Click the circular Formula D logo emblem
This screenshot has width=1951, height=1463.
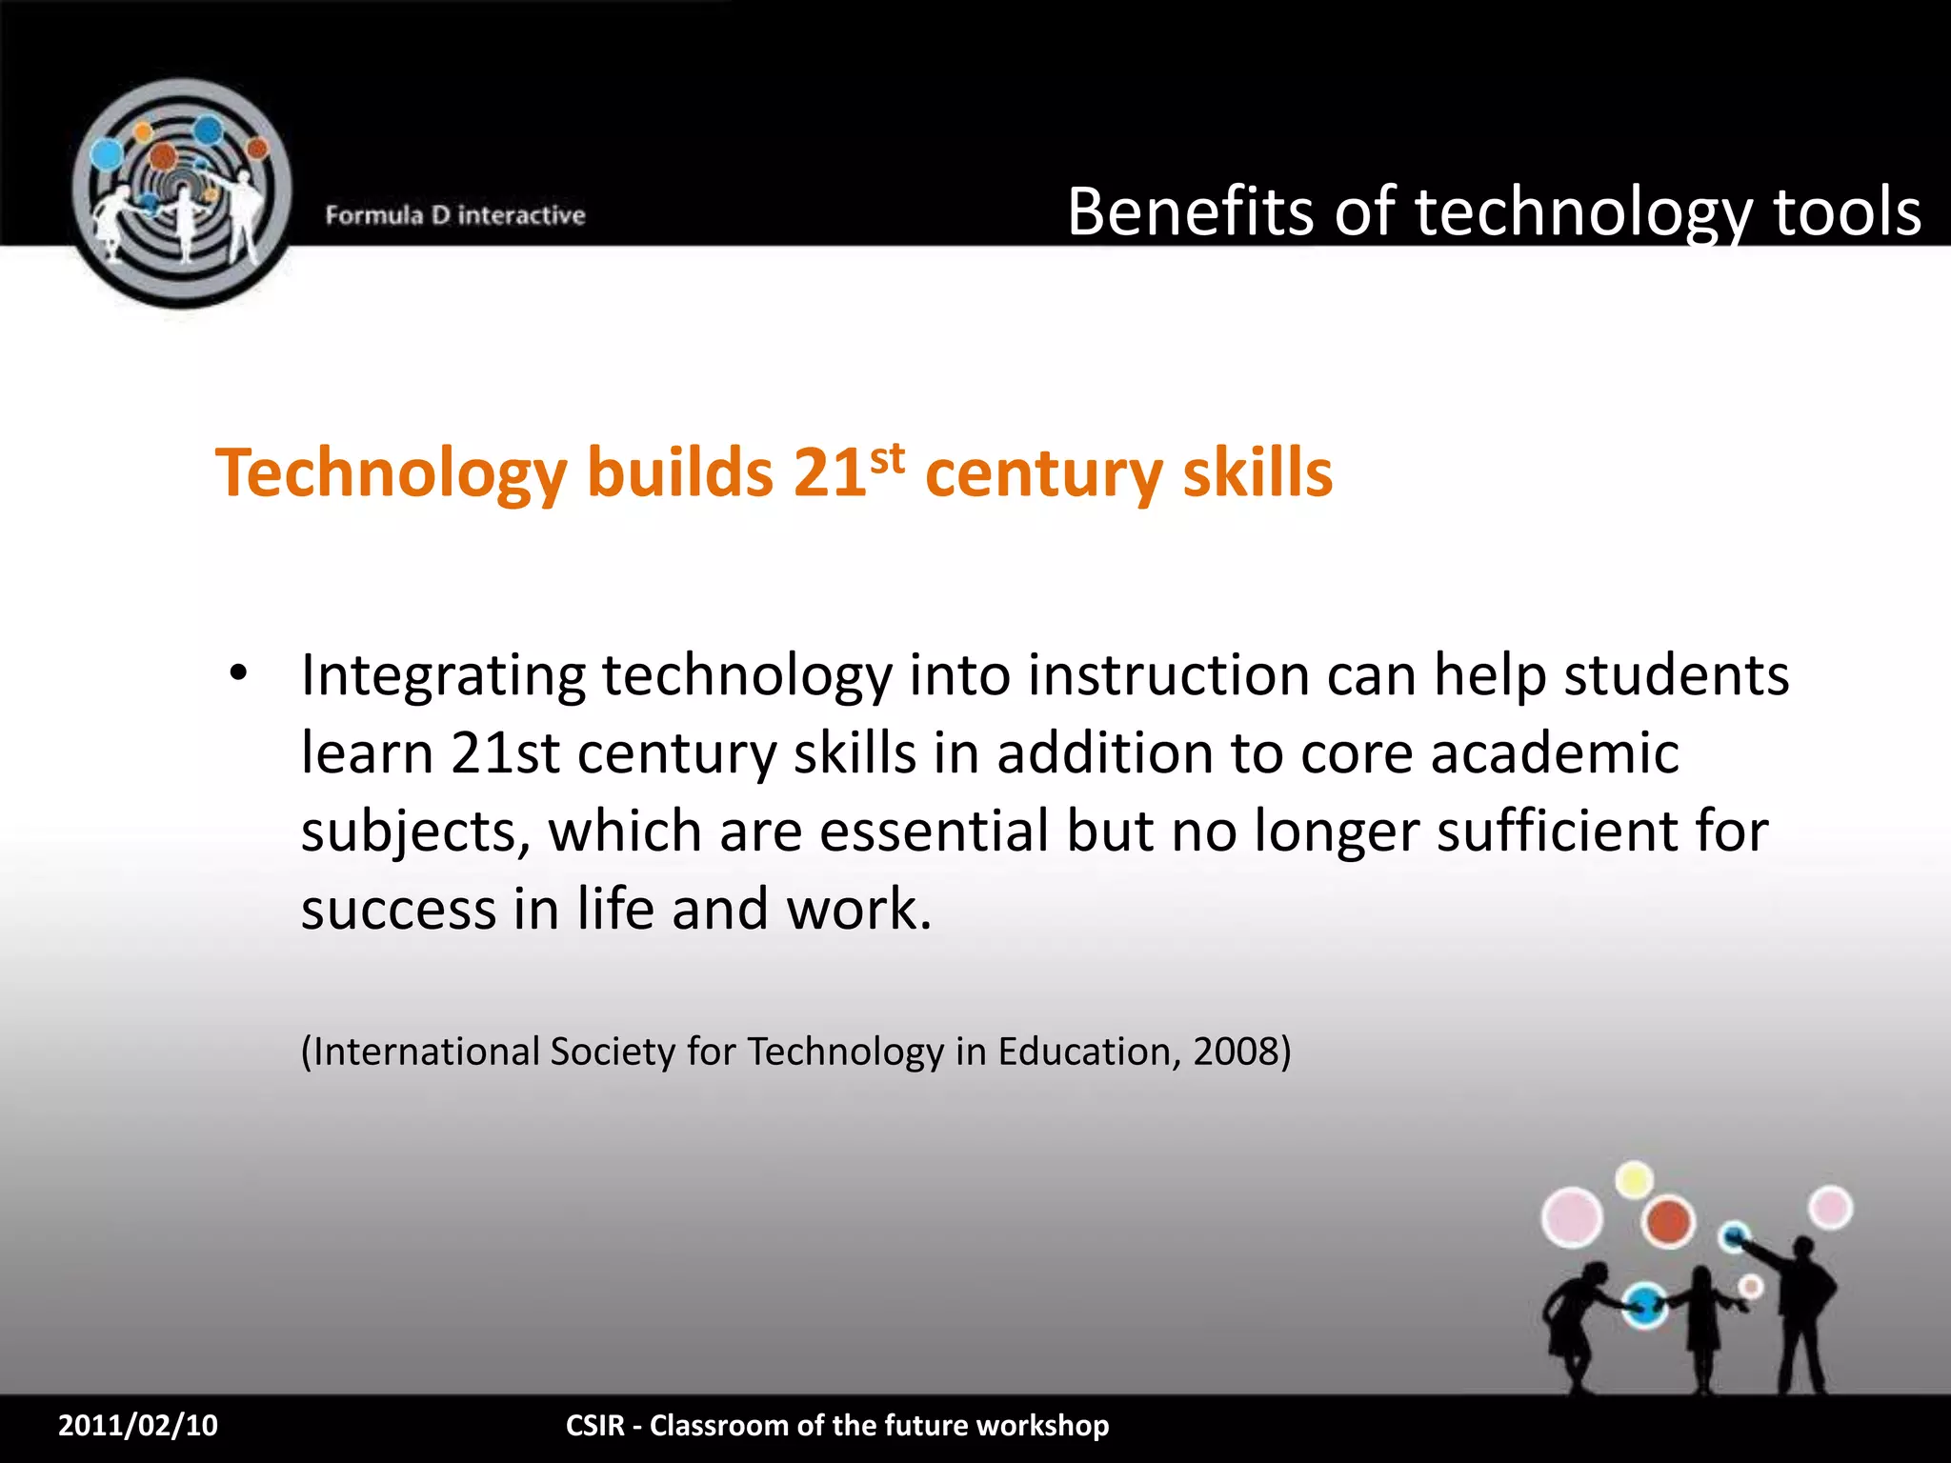tap(181, 193)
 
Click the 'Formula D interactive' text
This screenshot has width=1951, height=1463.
tap(455, 215)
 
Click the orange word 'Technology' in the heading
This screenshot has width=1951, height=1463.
tap(392, 473)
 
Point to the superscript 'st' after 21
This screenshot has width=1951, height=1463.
tap(887, 459)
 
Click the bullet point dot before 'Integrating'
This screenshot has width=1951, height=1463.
tap(238, 673)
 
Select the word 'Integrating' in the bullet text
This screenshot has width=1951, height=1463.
tap(443, 676)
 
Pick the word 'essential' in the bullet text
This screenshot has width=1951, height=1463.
tap(935, 831)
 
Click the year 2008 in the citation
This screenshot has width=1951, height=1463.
tap(1235, 1052)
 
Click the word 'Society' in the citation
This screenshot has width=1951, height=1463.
tap(612, 1052)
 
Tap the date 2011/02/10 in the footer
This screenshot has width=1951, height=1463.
tap(138, 1425)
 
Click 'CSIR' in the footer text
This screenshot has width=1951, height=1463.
tap(595, 1425)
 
